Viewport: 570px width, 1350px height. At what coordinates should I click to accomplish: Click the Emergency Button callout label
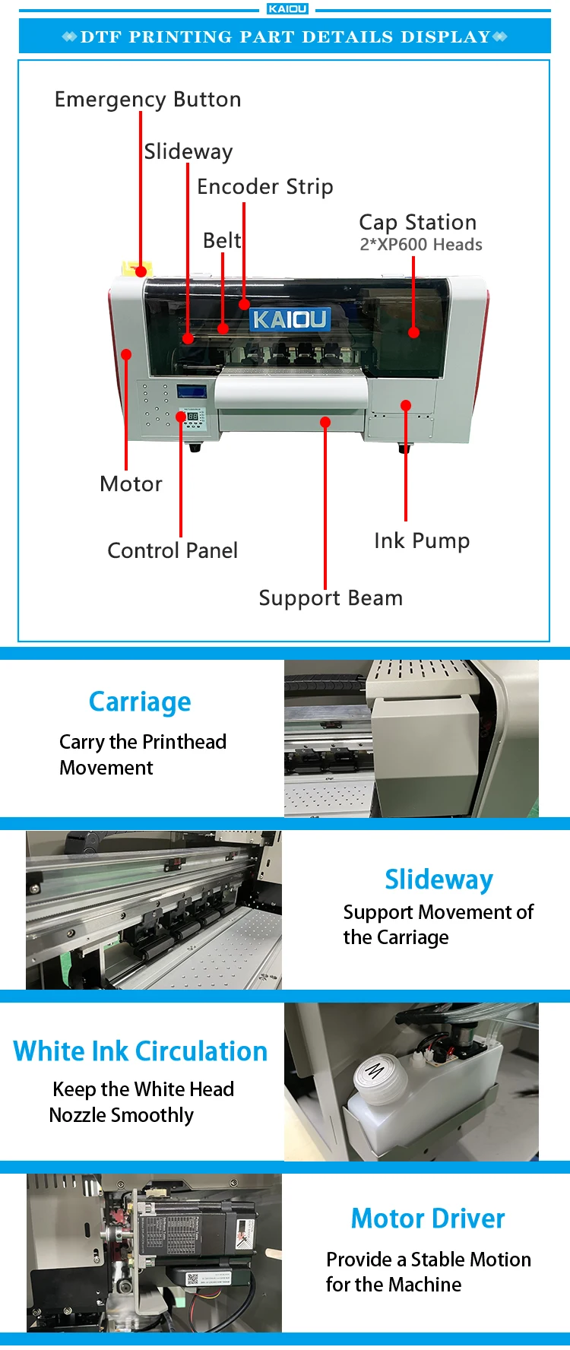(x=147, y=100)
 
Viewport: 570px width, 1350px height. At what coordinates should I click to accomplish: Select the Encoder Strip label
(x=264, y=186)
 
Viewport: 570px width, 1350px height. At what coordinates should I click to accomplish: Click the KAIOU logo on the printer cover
(x=290, y=319)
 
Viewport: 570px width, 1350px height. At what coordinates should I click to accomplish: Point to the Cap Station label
(x=417, y=222)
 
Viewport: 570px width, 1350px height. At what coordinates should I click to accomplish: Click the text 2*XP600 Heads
(x=420, y=245)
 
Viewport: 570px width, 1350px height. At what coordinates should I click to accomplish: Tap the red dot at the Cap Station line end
(x=413, y=332)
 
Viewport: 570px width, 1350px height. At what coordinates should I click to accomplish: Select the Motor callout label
(x=131, y=484)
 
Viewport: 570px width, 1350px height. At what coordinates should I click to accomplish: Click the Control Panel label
(x=173, y=550)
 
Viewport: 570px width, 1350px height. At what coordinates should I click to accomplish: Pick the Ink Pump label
(x=422, y=540)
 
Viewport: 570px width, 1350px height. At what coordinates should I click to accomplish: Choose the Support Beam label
(x=331, y=597)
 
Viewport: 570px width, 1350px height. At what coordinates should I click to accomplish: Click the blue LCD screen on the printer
(x=192, y=393)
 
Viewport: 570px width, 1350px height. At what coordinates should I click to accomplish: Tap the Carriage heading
(x=140, y=702)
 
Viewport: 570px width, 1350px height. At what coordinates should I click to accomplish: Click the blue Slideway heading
(x=439, y=879)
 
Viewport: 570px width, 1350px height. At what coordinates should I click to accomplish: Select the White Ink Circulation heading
(x=141, y=1051)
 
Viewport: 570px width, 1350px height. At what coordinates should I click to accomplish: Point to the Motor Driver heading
(x=428, y=1218)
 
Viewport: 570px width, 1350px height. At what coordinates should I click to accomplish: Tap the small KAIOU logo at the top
(x=287, y=9)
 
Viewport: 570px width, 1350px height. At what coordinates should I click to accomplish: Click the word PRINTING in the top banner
(x=180, y=36)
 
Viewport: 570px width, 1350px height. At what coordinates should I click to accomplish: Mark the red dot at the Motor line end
(x=126, y=354)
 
